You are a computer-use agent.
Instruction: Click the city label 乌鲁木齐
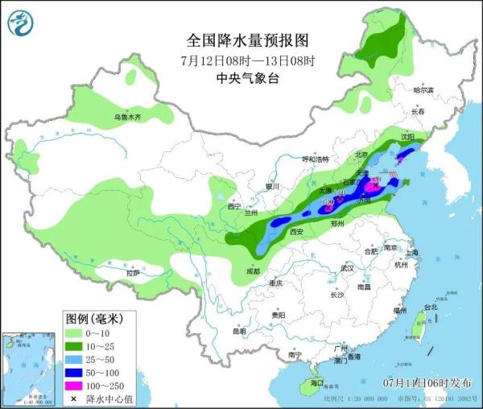pos(126,118)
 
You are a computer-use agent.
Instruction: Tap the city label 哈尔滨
pos(423,90)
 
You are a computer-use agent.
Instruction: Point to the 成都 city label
pos(254,271)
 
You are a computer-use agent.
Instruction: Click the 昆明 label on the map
pos(238,331)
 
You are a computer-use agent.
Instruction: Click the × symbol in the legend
pos(75,399)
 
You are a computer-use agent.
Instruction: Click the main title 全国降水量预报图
pos(247,40)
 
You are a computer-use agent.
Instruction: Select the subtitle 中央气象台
pos(247,78)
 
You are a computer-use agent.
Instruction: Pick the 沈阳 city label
pos(408,138)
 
